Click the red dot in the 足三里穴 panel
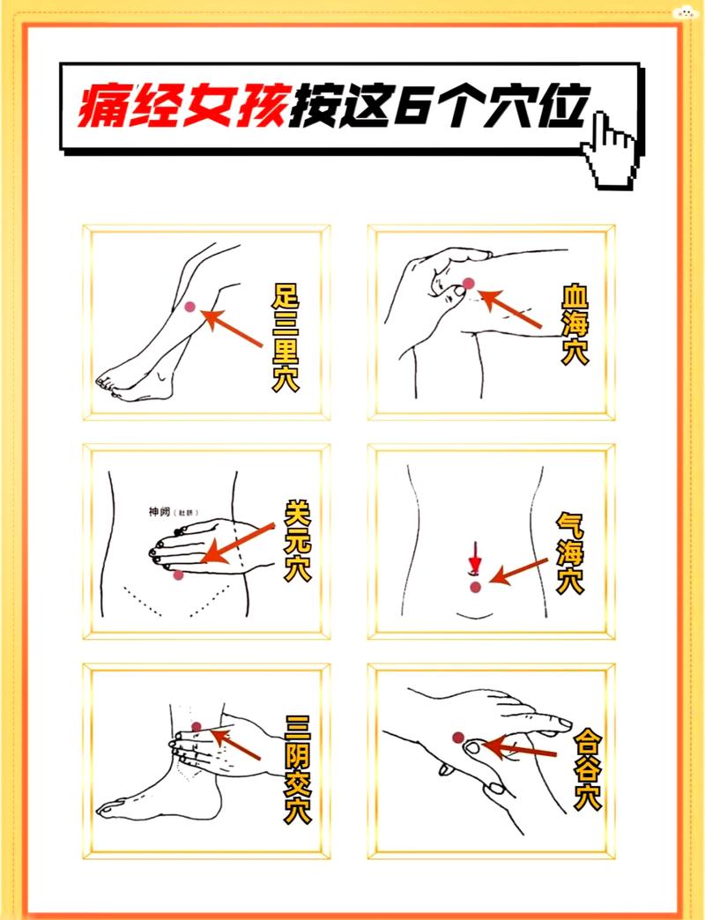point(190,306)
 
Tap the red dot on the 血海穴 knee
point(469,283)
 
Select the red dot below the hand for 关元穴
point(179,575)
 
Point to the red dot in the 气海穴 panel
point(476,586)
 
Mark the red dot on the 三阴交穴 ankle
point(197,727)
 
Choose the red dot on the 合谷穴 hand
point(457,737)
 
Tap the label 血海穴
point(574,324)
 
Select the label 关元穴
point(298,540)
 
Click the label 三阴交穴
point(298,768)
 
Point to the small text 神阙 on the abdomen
point(160,511)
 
